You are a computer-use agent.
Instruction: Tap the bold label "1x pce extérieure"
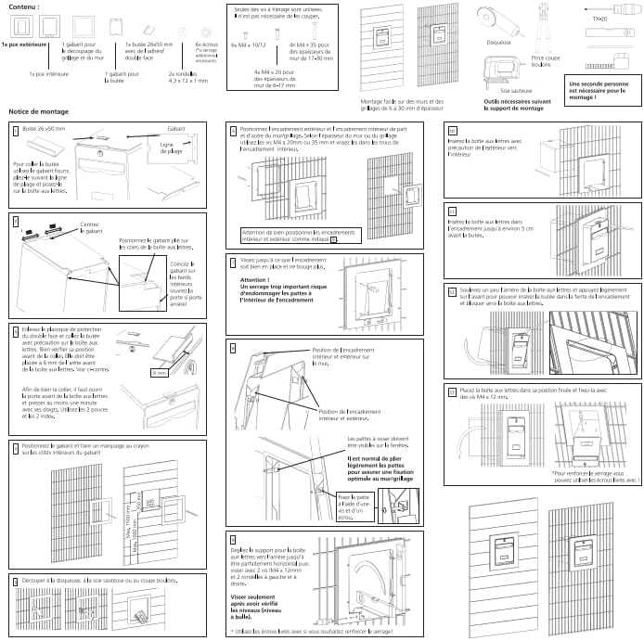[23, 45]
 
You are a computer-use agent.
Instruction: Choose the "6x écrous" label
[206, 44]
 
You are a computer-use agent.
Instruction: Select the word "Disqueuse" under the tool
[498, 41]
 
